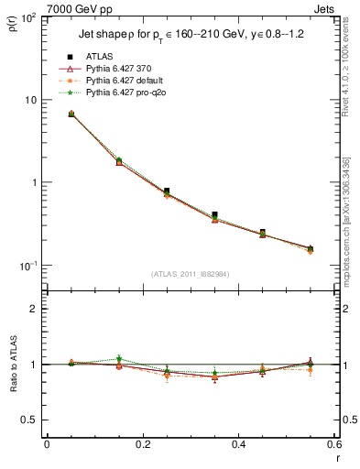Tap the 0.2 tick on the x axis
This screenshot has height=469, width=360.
click(143, 445)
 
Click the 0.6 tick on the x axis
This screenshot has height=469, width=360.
click(333, 445)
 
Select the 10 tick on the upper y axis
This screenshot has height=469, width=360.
click(33, 100)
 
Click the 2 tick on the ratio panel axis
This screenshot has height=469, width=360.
click(35, 310)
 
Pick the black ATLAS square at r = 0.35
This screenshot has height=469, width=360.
click(214, 215)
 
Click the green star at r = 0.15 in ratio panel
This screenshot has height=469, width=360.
click(119, 358)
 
